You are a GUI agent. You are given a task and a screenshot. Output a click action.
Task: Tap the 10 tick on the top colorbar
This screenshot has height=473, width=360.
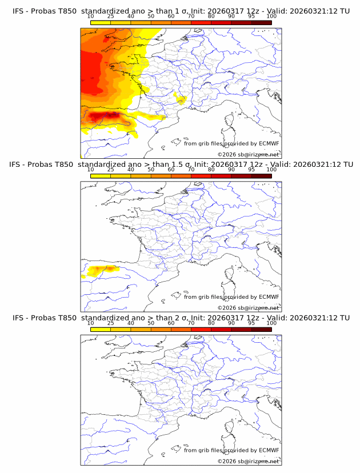pyautogui.click(x=91, y=17)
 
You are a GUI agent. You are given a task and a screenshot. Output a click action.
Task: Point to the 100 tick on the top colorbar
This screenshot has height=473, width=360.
pyautogui.click(x=271, y=17)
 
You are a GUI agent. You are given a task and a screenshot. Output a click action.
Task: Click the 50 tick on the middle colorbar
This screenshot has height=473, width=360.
pyautogui.click(x=151, y=170)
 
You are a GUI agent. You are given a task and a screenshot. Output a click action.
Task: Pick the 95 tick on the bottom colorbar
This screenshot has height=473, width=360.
pyautogui.click(x=251, y=323)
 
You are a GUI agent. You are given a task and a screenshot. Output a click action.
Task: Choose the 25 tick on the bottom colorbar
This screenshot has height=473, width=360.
pyautogui.click(x=111, y=323)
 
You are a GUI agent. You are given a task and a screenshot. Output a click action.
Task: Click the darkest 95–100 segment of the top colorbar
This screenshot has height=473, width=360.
pyautogui.click(x=261, y=23)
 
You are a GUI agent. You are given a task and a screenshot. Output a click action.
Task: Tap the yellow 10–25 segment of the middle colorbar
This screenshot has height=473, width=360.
pyautogui.click(x=101, y=176)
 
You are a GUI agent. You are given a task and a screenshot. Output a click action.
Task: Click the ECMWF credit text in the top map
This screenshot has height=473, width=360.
pyautogui.click(x=231, y=143)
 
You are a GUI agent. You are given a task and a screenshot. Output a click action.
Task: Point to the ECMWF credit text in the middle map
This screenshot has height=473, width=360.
pyautogui.click(x=231, y=296)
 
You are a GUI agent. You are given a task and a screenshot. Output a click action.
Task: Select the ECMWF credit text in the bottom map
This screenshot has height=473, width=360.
pyautogui.click(x=231, y=450)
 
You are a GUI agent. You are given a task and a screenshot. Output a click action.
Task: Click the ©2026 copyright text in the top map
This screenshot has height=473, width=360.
pyautogui.click(x=248, y=154)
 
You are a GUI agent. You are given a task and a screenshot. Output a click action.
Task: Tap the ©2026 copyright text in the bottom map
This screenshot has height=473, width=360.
pyautogui.click(x=248, y=460)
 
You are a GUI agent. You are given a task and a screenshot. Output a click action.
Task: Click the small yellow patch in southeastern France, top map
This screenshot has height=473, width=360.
pyautogui.click(x=182, y=100)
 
